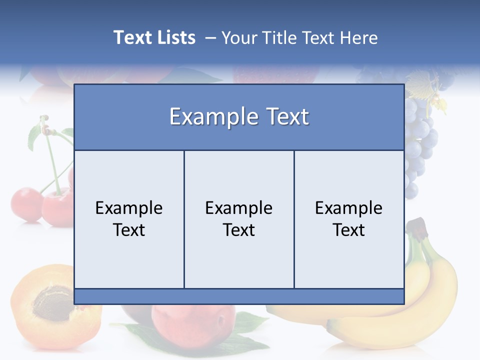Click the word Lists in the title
(x=175, y=37)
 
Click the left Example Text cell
(x=129, y=219)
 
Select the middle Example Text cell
(x=239, y=219)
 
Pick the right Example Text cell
(x=349, y=219)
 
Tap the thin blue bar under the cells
(x=239, y=296)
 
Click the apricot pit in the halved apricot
(x=52, y=302)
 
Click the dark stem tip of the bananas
(x=420, y=227)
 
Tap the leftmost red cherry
(x=26, y=204)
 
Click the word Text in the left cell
(x=129, y=230)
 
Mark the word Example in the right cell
(x=349, y=208)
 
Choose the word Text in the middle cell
(x=239, y=230)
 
